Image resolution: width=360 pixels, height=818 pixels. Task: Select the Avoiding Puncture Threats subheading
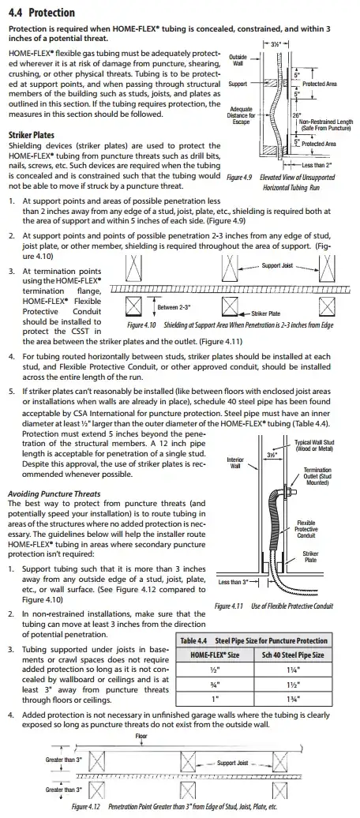tap(54, 493)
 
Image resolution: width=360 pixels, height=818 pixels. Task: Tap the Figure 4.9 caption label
tap(240, 178)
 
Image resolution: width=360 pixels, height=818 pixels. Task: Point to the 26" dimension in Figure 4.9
tap(297, 115)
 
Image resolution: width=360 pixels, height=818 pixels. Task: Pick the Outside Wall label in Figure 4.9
tap(238, 60)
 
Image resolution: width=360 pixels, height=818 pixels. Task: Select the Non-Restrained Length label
tap(326, 125)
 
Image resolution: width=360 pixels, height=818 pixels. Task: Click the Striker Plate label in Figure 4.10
tap(266, 313)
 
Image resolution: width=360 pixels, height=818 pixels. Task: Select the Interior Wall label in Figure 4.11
tap(236, 462)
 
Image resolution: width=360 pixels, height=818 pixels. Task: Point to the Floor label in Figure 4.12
tap(141, 736)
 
